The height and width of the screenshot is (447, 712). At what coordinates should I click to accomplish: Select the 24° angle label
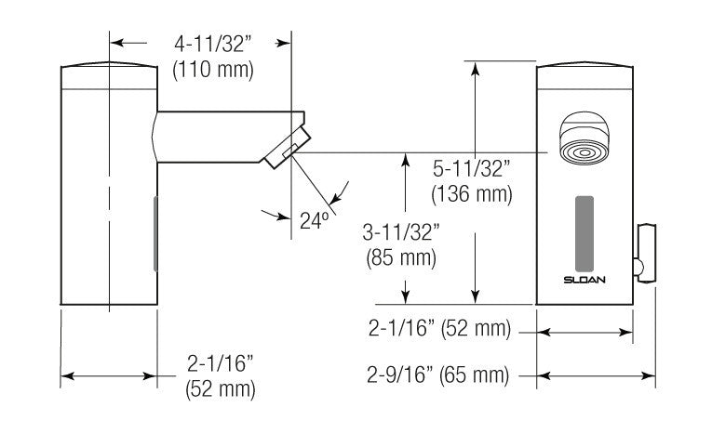pos(316,220)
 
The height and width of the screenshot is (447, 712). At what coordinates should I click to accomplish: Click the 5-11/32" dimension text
pos(473,169)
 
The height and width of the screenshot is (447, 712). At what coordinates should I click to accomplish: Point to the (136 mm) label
pos(473,194)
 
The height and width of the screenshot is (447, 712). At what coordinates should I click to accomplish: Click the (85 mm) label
pos(401,257)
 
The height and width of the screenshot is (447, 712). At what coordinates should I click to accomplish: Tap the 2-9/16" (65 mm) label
pos(438,376)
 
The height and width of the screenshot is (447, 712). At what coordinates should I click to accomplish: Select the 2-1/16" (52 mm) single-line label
pos(438,328)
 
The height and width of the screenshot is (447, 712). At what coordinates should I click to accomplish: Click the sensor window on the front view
pos(584,229)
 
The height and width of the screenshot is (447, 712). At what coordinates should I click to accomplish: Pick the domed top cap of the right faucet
pos(584,72)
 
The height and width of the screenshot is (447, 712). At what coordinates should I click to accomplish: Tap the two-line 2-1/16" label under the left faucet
pos(220,375)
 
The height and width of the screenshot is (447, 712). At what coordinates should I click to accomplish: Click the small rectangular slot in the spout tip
pos(289,149)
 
